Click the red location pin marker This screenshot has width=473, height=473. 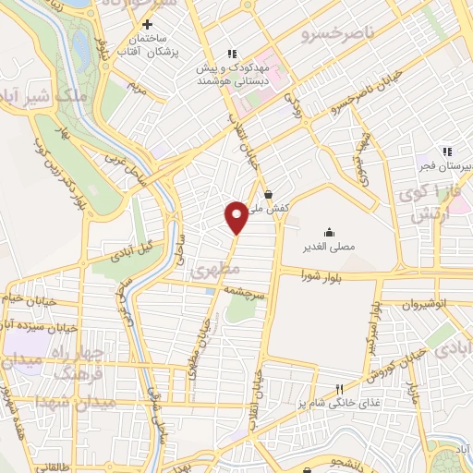point(236,216)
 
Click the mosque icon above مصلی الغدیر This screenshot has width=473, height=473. point(329,232)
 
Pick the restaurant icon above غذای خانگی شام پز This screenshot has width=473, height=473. point(339,389)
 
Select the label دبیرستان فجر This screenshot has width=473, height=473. point(448,165)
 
